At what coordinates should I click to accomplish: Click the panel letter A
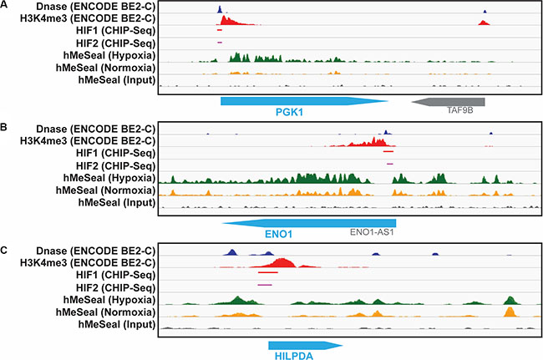(x=4, y=5)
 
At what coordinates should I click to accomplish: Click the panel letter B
(x=3, y=128)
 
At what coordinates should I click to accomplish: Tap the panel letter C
(x=4, y=250)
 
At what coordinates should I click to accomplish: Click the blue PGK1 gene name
(x=289, y=112)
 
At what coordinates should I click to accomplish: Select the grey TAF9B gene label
(x=460, y=110)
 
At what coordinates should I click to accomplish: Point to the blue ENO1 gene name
(x=278, y=235)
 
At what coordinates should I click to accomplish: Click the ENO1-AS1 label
(x=372, y=232)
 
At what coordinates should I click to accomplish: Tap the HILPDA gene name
(x=294, y=356)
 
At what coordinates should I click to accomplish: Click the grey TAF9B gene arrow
(x=448, y=102)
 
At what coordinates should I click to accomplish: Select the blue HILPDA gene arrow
(x=306, y=346)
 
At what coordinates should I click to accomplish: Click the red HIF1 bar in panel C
(x=268, y=272)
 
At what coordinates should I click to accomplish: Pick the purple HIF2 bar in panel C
(x=265, y=285)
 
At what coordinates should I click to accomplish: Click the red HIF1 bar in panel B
(x=388, y=151)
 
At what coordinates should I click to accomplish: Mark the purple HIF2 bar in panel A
(x=220, y=43)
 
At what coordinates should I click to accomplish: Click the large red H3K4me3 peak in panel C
(x=282, y=263)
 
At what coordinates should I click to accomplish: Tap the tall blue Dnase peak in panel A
(x=220, y=9)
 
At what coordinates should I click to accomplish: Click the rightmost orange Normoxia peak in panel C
(x=510, y=312)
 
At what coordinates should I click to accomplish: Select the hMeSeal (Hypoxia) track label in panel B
(x=109, y=178)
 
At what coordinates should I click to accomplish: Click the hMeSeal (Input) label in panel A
(x=117, y=80)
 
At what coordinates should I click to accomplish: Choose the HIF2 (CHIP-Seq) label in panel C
(x=115, y=287)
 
